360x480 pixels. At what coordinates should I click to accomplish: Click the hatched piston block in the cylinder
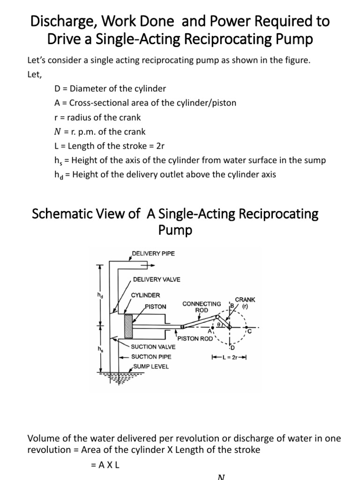pyautogui.click(x=128, y=326)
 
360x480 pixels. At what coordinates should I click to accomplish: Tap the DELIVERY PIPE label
pyautogui.click(x=153, y=254)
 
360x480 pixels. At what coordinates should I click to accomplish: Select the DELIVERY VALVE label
pyautogui.click(x=157, y=279)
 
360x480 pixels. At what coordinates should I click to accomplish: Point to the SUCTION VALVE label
pyautogui.click(x=153, y=347)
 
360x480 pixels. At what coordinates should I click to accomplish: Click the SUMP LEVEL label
pyautogui.click(x=151, y=366)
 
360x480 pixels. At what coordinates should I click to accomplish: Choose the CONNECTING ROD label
pyautogui.click(x=202, y=307)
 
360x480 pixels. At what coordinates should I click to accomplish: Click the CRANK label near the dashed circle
pyautogui.click(x=245, y=299)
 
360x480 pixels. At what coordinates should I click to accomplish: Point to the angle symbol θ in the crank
pyautogui.click(x=218, y=323)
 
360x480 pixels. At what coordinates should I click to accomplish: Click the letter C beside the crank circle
pyautogui.click(x=249, y=332)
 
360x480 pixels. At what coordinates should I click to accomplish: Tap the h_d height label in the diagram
pyautogui.click(x=99, y=295)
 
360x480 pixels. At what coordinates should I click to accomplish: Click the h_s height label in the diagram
pyautogui.click(x=99, y=350)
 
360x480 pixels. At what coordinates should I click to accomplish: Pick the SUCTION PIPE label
pyautogui.click(x=151, y=357)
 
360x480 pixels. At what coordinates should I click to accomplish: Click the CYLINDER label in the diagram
pyautogui.click(x=145, y=295)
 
